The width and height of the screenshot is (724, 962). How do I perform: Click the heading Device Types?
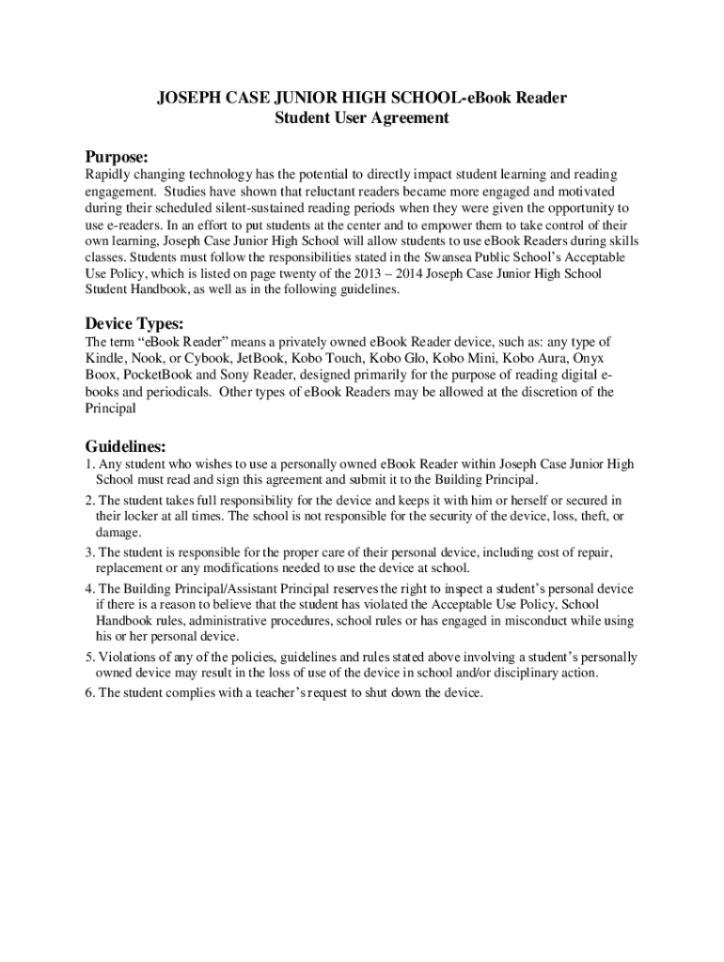(x=134, y=323)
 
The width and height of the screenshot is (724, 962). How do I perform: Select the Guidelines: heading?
(x=126, y=445)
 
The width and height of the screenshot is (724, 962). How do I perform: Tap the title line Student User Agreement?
(x=362, y=118)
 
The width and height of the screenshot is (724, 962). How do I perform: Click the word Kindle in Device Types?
(x=103, y=358)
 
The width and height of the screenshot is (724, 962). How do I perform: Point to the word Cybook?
(x=207, y=358)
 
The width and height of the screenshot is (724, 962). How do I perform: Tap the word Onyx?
(x=589, y=358)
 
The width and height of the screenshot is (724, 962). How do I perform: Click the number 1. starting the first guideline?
(x=89, y=464)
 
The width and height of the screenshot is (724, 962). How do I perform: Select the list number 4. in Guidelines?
(x=89, y=589)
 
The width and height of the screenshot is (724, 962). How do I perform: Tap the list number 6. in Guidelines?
(x=89, y=693)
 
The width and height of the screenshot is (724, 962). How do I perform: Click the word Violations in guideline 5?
(x=129, y=658)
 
